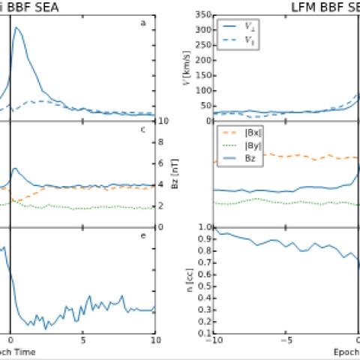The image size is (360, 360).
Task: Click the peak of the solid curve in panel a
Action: point(16,28)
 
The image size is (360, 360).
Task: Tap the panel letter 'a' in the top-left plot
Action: point(142,23)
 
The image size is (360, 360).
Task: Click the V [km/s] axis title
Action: point(186,68)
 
